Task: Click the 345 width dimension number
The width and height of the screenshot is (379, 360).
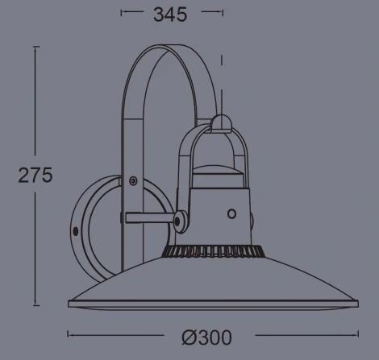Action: point(170,14)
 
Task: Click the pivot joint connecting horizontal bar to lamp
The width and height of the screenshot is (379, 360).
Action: point(182,217)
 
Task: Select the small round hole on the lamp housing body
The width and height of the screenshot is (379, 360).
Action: point(231,214)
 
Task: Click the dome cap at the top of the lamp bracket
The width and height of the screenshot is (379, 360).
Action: point(220,123)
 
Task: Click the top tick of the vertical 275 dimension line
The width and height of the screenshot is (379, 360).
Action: point(35,47)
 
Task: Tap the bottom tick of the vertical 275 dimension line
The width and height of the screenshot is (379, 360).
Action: point(35,305)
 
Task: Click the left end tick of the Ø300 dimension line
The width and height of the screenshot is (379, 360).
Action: point(68,333)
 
